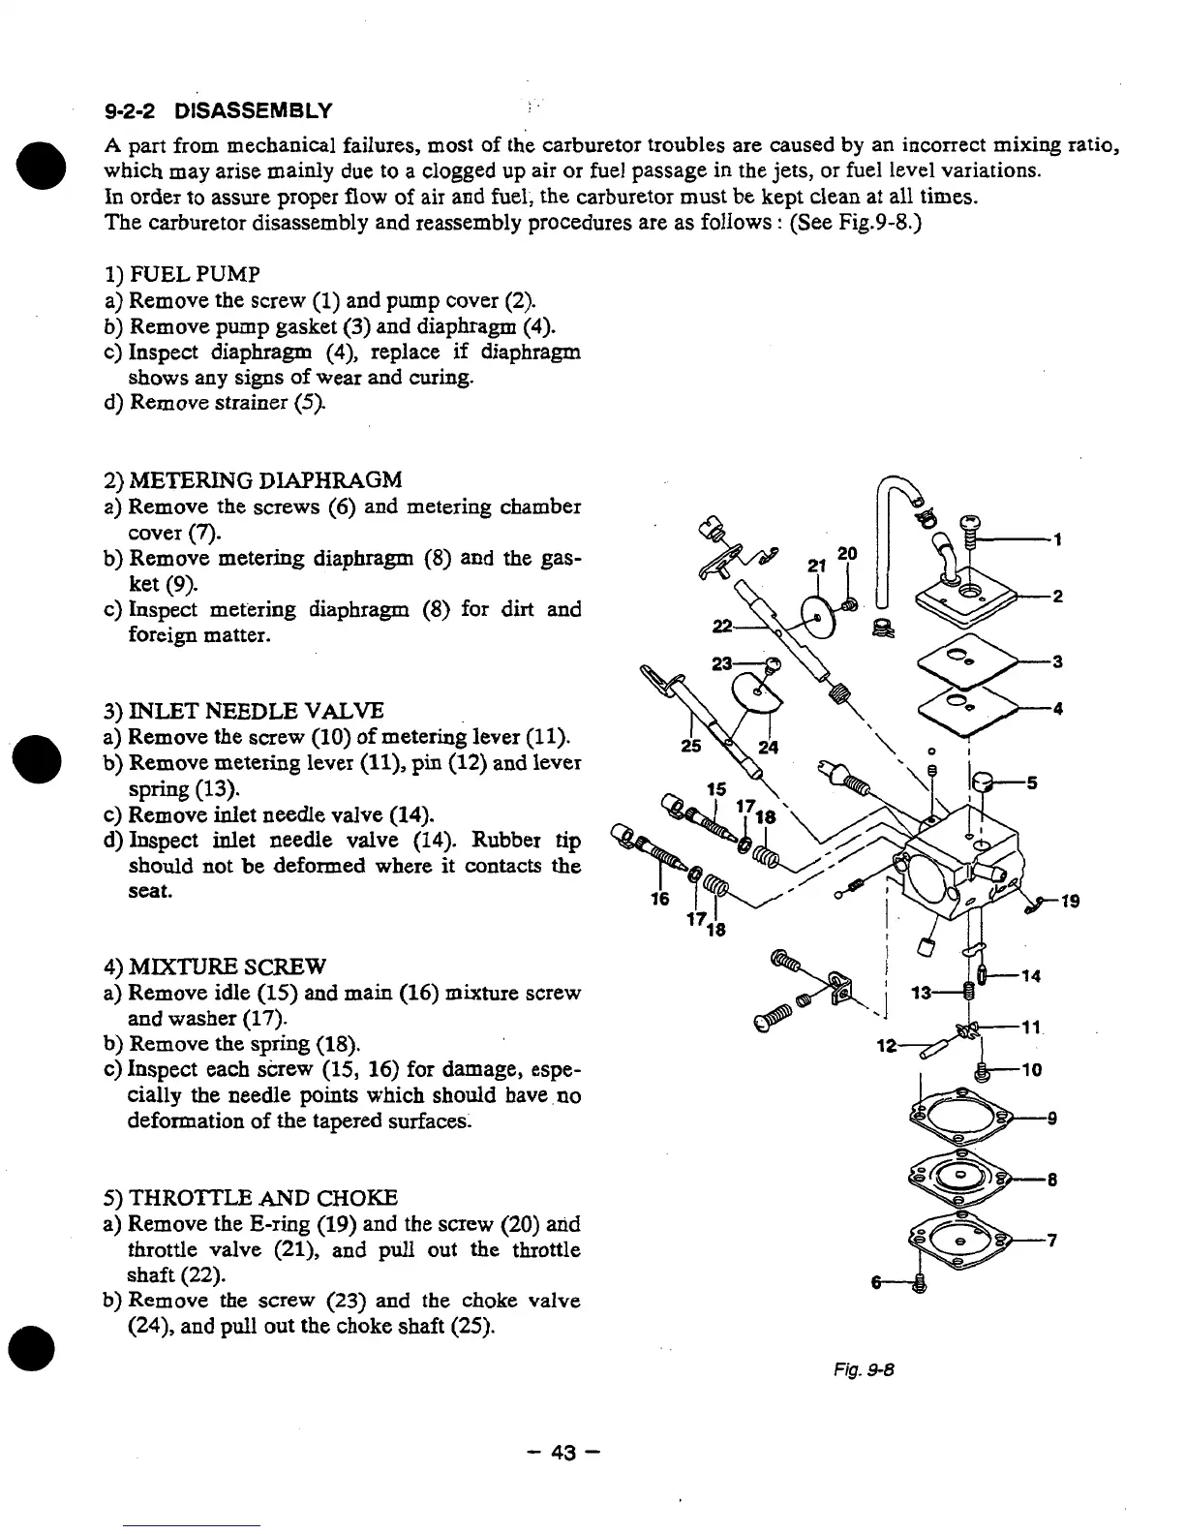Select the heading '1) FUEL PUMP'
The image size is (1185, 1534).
click(x=182, y=274)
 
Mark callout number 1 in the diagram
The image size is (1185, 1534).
click(x=1059, y=540)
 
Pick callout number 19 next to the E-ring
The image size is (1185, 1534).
click(x=1070, y=902)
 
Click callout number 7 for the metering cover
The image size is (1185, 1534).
click(x=1051, y=1242)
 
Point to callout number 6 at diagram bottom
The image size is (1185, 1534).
click(x=876, y=1282)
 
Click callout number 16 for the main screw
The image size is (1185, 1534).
click(x=659, y=900)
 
